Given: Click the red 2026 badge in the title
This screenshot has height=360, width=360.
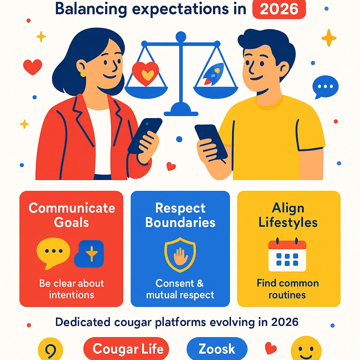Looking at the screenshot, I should [279, 9].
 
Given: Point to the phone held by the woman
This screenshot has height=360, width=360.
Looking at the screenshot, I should [144, 135].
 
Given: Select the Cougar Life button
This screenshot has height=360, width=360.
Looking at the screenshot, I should [126, 349].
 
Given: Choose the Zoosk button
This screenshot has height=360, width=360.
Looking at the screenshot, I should [217, 349].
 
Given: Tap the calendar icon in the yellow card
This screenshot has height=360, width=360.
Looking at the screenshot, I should [287, 256].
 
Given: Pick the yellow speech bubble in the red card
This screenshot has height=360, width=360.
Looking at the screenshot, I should [53, 252].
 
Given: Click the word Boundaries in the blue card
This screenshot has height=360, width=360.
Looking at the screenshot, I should [180, 223].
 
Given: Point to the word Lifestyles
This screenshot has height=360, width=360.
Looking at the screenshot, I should [288, 223].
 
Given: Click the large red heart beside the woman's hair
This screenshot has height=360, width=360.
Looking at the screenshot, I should [32, 66].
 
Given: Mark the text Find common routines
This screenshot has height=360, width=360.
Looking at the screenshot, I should [288, 289].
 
